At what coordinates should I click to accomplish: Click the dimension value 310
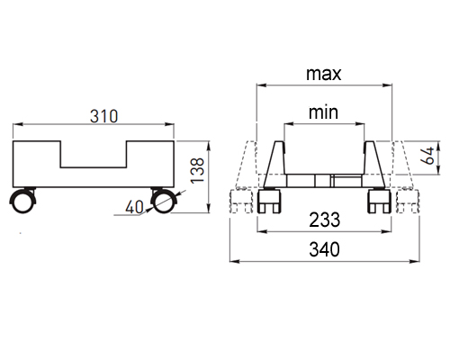(103, 116)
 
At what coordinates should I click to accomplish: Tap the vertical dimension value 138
(197, 170)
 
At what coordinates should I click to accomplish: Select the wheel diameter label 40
(134, 207)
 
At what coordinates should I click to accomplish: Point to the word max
(324, 74)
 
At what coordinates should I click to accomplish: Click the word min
(323, 112)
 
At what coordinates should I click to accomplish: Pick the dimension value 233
(325, 220)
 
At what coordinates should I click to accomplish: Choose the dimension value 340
(325, 249)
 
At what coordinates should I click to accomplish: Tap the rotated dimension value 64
(428, 155)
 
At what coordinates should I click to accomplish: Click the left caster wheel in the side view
(22, 201)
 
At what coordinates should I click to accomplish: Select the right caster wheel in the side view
(164, 201)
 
